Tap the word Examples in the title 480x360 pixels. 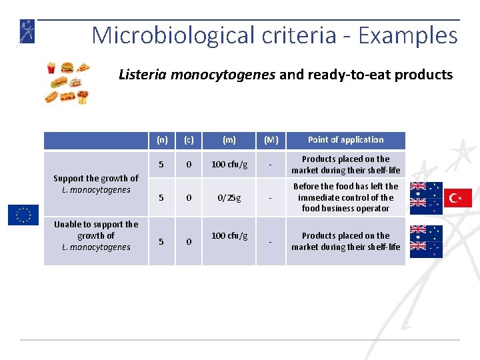(407, 35)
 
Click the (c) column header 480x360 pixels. (189, 140)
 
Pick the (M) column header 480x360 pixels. (271, 140)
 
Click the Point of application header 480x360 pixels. (345, 140)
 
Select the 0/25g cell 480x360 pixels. (229, 197)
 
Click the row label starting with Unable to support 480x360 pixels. (95, 235)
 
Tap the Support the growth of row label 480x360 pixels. (95, 183)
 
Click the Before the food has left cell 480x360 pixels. (345, 197)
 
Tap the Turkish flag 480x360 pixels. (459, 198)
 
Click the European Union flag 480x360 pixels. (23, 215)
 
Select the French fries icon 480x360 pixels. (51, 67)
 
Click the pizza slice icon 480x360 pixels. (83, 67)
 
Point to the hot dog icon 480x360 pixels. (52, 97)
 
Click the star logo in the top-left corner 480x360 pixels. (27, 31)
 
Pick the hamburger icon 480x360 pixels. (67, 67)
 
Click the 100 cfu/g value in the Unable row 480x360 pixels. (229, 236)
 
